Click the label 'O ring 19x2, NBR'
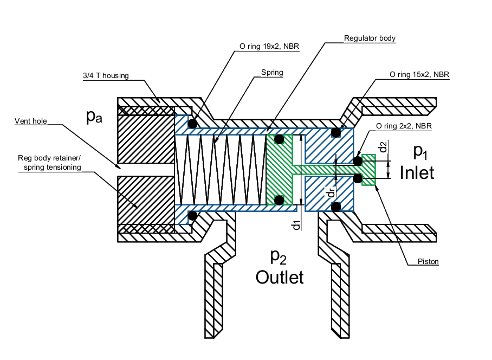(269, 47)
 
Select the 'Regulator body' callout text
(370, 38)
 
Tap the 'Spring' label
(272, 72)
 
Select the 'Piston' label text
(428, 262)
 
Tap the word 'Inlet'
(417, 172)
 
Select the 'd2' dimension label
(383, 146)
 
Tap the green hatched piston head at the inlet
(368, 170)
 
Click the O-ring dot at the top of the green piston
(279, 140)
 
